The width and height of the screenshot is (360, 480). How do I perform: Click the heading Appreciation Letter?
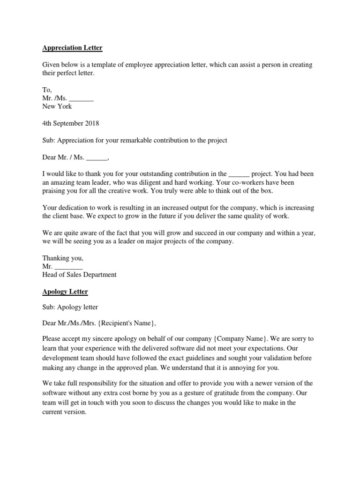(72, 48)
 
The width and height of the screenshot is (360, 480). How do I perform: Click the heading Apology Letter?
(65, 292)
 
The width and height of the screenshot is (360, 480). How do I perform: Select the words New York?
(57, 106)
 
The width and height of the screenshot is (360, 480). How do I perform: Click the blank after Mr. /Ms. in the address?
(82, 98)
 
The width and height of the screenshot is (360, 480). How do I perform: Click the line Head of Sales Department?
(79, 275)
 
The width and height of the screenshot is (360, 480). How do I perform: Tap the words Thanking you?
(63, 258)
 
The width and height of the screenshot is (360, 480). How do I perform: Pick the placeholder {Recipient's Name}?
(124, 323)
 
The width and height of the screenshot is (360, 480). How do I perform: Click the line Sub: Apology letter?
(70, 307)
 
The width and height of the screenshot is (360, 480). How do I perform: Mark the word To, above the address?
(47, 90)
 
